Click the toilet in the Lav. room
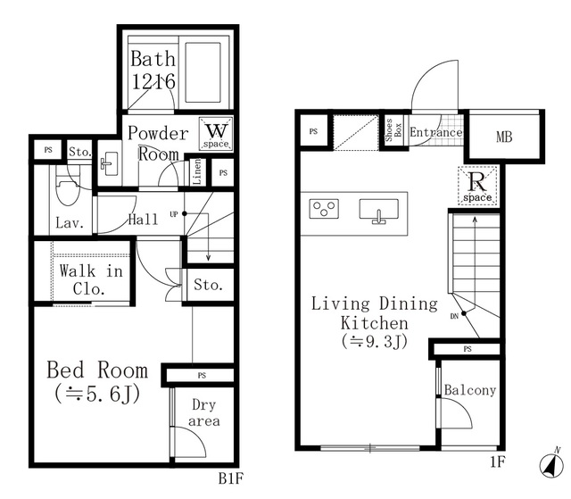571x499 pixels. click(x=68, y=190)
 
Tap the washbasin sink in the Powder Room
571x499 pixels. click(x=109, y=163)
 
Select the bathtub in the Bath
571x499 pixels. click(x=203, y=72)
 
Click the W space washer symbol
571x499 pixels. click(x=216, y=134)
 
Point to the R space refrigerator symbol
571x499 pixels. click(x=477, y=185)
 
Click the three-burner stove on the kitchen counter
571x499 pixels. click(x=324, y=209)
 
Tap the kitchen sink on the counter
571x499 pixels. click(x=378, y=211)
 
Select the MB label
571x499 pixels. click(x=504, y=137)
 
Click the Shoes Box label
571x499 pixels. click(x=393, y=130)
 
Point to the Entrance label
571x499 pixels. click(x=436, y=132)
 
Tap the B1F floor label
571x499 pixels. click(x=230, y=478)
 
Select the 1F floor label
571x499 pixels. click(x=498, y=462)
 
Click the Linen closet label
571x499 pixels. click(x=196, y=170)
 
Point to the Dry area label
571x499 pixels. click(x=204, y=412)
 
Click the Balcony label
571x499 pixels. click(x=470, y=390)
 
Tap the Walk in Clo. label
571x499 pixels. click(x=91, y=279)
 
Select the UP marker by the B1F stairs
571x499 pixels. click(x=173, y=214)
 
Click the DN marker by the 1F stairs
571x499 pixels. click(x=454, y=317)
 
